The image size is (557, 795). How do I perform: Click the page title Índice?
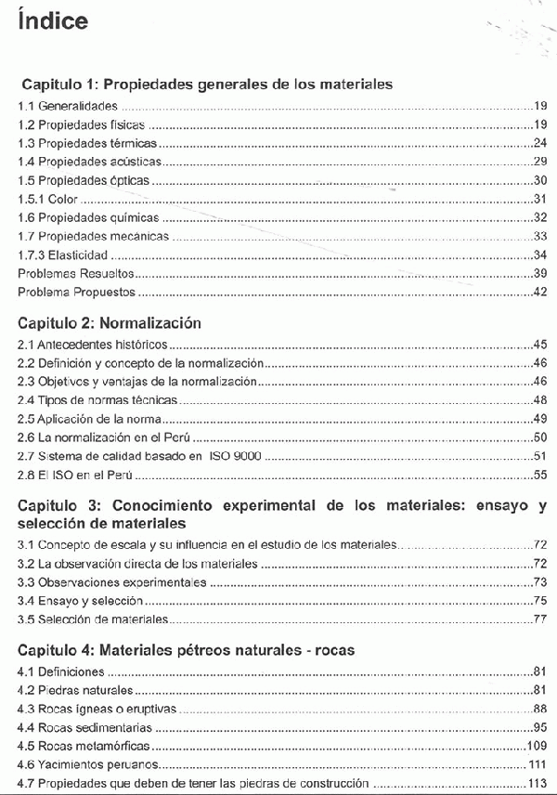click(x=53, y=21)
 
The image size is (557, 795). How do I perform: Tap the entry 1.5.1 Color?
click(x=48, y=199)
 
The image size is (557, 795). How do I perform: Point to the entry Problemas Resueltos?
click(x=76, y=273)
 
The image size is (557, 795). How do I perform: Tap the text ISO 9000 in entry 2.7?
click(x=236, y=456)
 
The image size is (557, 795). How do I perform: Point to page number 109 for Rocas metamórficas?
click(x=537, y=746)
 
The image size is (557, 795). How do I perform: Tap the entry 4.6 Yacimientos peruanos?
click(x=86, y=764)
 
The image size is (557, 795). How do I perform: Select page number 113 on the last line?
click(x=537, y=783)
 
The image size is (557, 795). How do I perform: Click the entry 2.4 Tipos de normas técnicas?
click(x=97, y=400)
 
